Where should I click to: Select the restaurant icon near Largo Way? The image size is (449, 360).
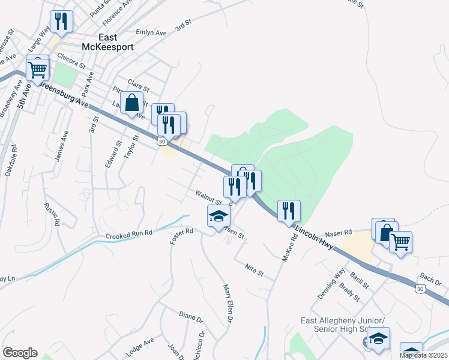coord(61,22)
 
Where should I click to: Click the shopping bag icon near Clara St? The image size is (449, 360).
coord(131,103)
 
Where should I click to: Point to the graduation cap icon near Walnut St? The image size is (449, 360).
coord(218,216)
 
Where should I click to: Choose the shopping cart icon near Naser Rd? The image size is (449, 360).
coord(400,242)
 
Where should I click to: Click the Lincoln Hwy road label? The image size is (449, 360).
coord(315,233)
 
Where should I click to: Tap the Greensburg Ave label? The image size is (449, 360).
coord(63,94)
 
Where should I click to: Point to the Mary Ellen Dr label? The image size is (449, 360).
coord(228,305)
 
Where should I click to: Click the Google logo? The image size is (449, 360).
coord(20,353)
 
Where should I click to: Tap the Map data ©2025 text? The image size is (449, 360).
coord(423,355)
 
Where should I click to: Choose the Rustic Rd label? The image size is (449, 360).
coord(53,214)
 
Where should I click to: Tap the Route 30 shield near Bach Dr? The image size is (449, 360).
coord(420,289)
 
